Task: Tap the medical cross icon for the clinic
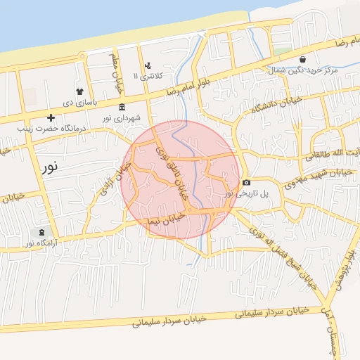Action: (x=50, y=117)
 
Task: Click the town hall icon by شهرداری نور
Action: (x=122, y=108)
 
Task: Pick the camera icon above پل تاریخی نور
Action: (x=246, y=183)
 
